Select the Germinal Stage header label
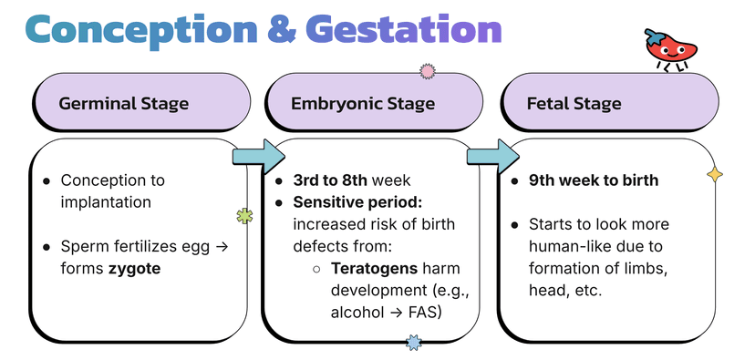pos(124,103)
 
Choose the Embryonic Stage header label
pos(363,103)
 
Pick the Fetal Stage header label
pos(574,103)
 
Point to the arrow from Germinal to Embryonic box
pos(259,156)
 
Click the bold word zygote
pos(134,268)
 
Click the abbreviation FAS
pos(426,313)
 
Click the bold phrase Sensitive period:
pos(348,202)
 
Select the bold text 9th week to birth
pos(594,180)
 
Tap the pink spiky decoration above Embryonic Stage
pos(426,70)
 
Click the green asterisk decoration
pos(243,216)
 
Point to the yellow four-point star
pos(715,173)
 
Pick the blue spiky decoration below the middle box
pos(413,343)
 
